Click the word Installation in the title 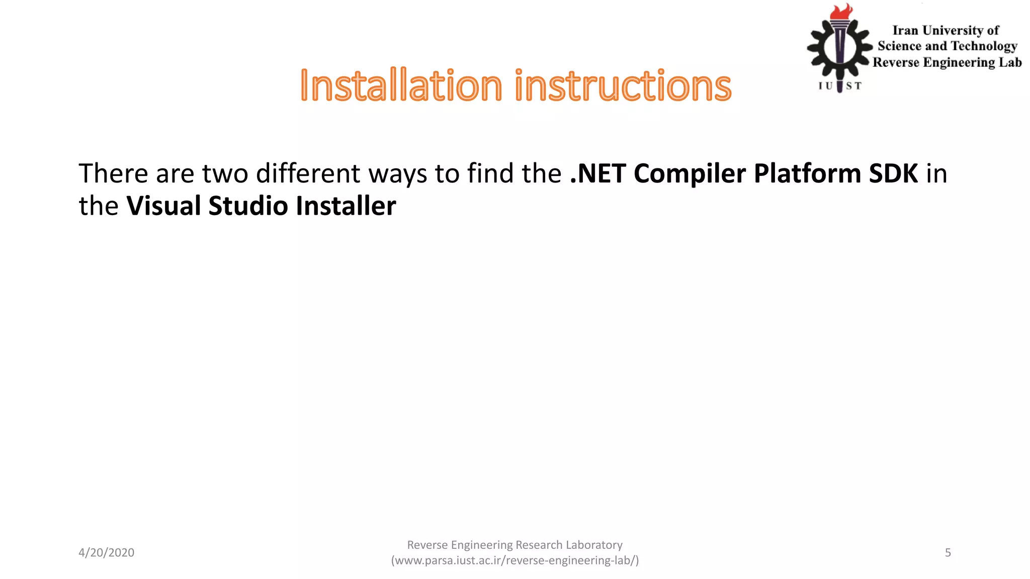401,85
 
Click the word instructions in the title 623,85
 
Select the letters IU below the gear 825,86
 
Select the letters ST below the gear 853,86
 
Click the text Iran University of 945,31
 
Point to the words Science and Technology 947,46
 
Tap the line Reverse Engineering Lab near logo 947,62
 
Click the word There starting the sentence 113,173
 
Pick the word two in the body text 225,173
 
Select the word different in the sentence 308,173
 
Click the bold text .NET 598,173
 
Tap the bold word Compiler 690,174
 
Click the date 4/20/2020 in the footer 106,552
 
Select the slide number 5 948,552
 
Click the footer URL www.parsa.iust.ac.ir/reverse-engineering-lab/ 515,560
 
